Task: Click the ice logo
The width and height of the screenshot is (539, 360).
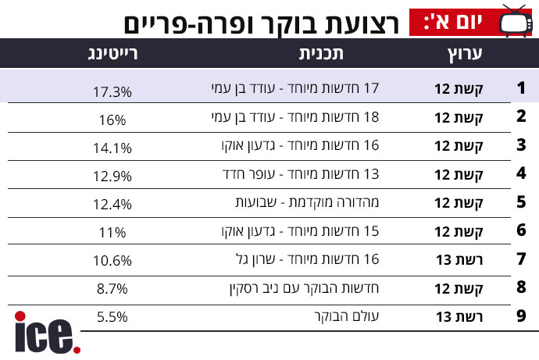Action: coord(48,333)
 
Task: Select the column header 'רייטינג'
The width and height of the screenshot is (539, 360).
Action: coord(112,54)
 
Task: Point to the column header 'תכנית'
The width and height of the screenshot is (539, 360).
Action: coord(321,54)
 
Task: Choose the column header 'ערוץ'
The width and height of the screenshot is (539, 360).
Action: coord(465,55)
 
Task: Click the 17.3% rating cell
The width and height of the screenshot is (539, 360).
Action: coord(112,92)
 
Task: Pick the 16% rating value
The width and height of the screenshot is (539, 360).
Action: coord(112,120)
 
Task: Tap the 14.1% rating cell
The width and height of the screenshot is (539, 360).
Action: coord(112,148)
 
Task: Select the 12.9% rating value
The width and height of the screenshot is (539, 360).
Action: coord(112,176)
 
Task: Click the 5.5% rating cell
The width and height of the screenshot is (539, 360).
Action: coord(112,317)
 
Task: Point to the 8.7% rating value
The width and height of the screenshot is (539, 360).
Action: coord(112,289)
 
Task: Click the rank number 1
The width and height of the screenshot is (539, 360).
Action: coord(521,88)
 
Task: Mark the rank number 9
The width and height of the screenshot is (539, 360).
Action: coord(521,315)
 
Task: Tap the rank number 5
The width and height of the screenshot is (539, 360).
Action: coord(521,202)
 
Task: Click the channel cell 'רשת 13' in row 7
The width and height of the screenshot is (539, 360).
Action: coord(459,260)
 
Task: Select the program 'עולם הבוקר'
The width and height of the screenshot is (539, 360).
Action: coord(347,316)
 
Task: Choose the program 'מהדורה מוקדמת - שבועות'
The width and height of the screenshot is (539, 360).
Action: coord(307,202)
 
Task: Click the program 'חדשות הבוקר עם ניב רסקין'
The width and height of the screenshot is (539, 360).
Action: coord(304,288)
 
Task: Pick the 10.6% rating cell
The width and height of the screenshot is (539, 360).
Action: coord(112,261)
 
